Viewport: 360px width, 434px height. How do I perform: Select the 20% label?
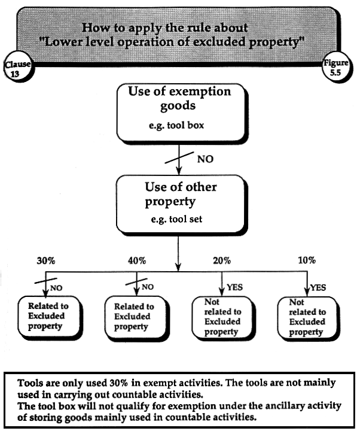[x=222, y=260]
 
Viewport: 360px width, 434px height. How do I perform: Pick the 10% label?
[x=306, y=260]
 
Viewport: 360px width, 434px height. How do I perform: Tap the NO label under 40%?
[x=147, y=287]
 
